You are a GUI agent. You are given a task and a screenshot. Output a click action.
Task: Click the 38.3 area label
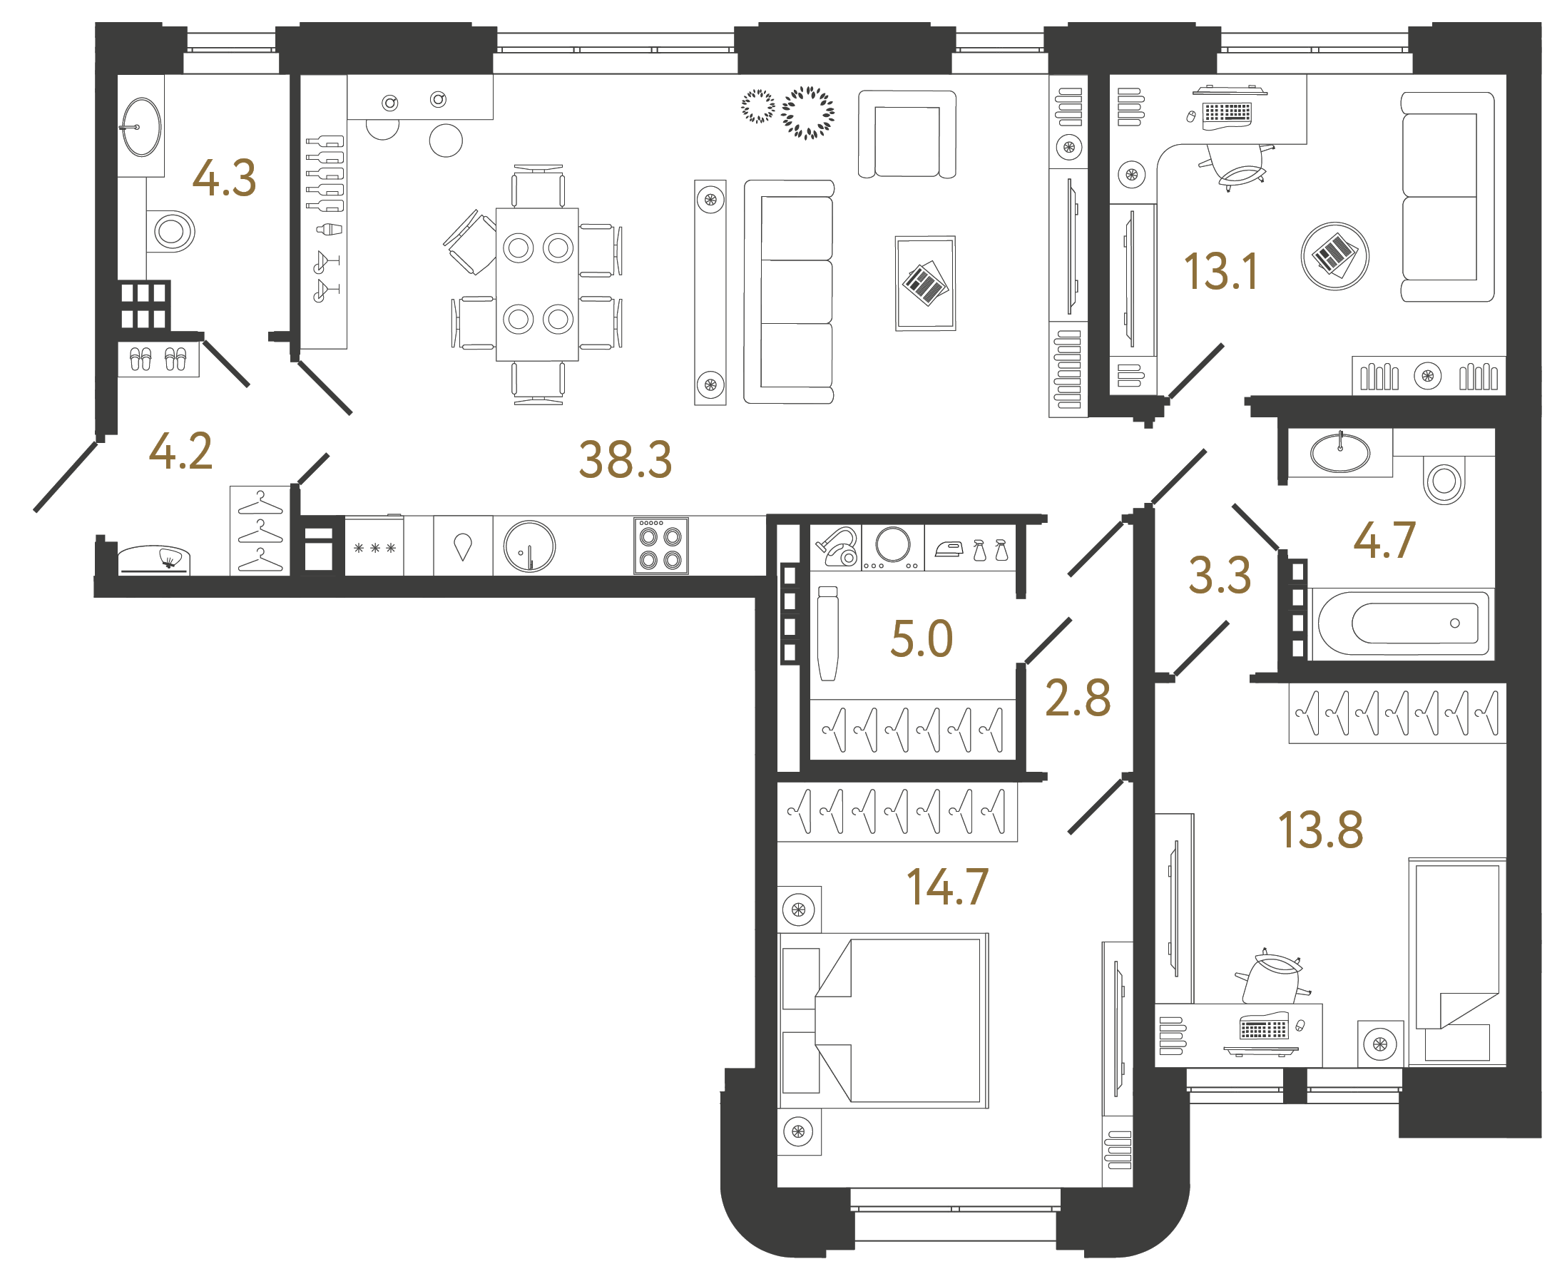[x=625, y=459]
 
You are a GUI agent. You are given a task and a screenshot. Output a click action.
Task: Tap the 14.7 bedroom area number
[x=946, y=887]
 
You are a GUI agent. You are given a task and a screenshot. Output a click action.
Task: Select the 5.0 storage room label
[x=921, y=638]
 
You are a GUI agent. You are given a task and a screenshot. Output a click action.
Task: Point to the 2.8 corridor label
[x=1077, y=698]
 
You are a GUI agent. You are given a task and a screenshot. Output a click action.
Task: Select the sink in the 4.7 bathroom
[x=1339, y=452]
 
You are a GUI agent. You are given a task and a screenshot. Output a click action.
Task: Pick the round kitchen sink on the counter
[x=529, y=546]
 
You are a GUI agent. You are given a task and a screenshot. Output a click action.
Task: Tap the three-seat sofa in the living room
[x=790, y=292]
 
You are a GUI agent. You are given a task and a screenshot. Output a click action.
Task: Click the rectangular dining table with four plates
[x=537, y=285]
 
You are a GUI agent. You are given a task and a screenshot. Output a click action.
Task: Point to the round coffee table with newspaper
[x=1334, y=256]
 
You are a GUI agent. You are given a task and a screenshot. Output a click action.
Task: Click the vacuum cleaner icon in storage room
[x=837, y=546]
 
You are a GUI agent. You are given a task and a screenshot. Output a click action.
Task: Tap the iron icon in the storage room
[x=949, y=549]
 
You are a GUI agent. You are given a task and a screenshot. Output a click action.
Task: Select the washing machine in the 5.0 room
[x=892, y=546]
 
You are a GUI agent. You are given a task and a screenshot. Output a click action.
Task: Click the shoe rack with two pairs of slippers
[x=158, y=360]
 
